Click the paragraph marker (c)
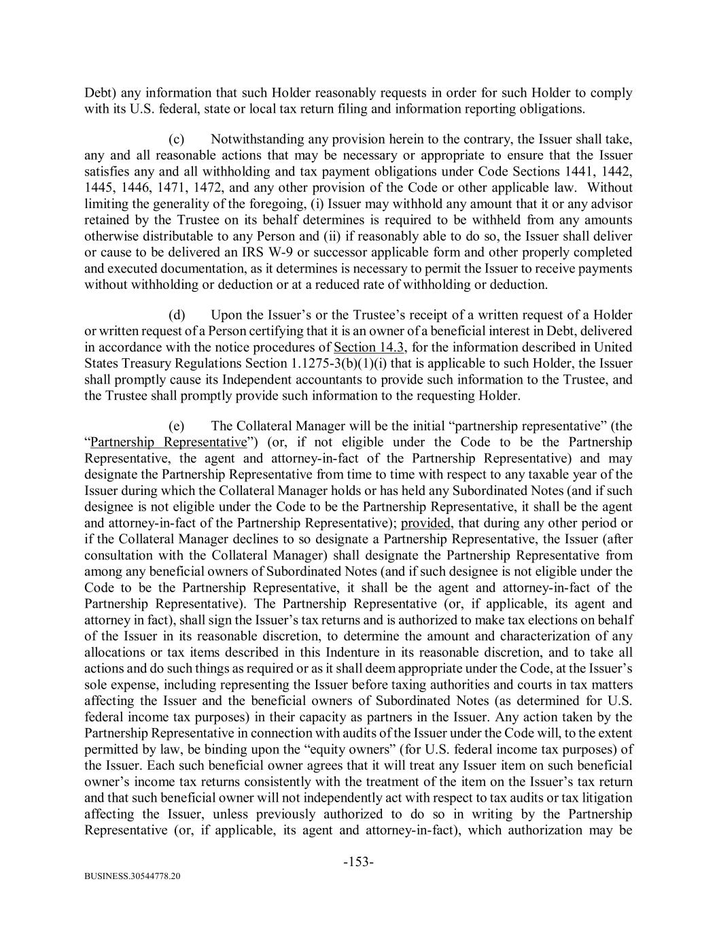[x=176, y=139]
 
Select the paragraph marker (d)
[x=176, y=315]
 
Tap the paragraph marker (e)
[x=176, y=426]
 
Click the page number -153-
[x=358, y=862]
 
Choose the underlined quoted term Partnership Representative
[x=168, y=443]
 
